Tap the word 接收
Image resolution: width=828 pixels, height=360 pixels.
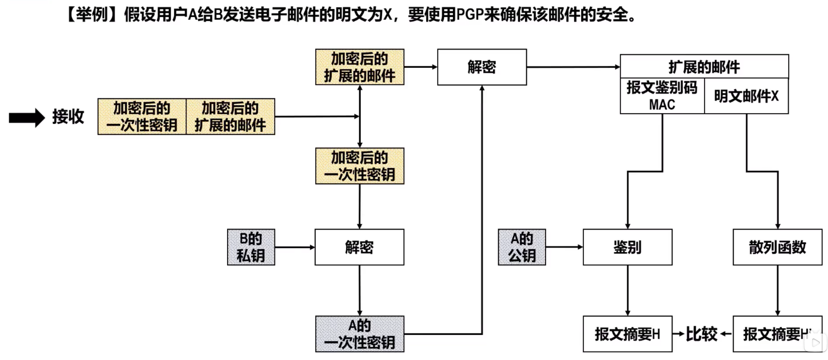click(x=68, y=117)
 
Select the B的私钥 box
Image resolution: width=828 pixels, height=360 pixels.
click(x=251, y=247)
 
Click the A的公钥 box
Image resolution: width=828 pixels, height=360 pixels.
click(x=522, y=247)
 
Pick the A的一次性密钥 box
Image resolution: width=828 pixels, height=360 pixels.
click(x=360, y=334)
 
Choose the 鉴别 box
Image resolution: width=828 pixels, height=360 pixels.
click(x=628, y=247)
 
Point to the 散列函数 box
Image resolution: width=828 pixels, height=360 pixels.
click(x=778, y=247)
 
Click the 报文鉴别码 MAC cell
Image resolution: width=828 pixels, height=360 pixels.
click(x=662, y=96)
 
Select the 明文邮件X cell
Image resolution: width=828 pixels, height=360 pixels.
click(x=747, y=96)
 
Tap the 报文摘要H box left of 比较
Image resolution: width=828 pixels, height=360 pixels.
click(x=628, y=334)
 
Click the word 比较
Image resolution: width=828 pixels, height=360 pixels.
click(x=701, y=334)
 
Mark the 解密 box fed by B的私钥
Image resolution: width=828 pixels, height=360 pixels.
click(x=359, y=247)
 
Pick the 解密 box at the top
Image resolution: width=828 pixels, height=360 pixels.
click(x=482, y=67)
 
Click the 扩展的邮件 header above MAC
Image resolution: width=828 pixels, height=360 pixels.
click(x=704, y=67)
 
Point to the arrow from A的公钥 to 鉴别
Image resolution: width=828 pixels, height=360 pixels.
click(x=564, y=247)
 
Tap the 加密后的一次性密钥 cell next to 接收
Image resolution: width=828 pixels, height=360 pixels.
click(x=142, y=117)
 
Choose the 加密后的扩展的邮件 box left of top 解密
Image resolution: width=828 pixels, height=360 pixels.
click(x=360, y=67)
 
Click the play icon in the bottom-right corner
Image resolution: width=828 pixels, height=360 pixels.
click(x=815, y=342)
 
